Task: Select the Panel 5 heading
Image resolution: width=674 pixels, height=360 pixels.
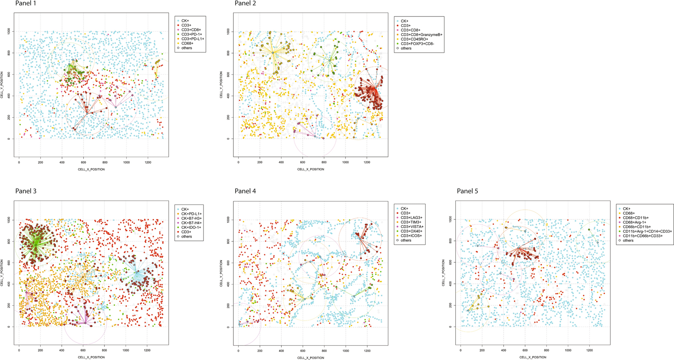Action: point(467,191)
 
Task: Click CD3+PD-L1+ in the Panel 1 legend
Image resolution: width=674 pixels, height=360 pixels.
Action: point(193,39)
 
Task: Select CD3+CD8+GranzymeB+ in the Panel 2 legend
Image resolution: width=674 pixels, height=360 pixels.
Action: point(421,35)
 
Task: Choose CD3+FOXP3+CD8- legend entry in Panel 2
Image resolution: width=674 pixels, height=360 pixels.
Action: point(417,44)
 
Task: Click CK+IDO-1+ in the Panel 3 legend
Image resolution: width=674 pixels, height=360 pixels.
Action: point(191,227)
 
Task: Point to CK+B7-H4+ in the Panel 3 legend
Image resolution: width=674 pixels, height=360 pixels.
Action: point(191,223)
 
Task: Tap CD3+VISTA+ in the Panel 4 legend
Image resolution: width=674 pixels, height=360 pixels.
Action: point(412,227)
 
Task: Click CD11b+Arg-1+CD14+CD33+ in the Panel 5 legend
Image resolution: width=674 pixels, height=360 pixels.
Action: point(647,231)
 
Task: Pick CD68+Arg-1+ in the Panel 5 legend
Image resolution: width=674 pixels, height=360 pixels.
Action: point(634,222)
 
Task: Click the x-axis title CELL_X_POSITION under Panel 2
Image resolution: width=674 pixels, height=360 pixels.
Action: point(311,169)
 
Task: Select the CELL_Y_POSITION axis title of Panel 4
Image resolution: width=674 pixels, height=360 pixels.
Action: point(221,273)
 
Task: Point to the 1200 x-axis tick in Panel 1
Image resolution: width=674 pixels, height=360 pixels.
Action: point(148,163)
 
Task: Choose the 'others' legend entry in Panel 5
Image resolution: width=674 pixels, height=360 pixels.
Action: point(628,240)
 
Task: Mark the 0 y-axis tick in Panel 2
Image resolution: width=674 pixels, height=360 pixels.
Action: point(228,139)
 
